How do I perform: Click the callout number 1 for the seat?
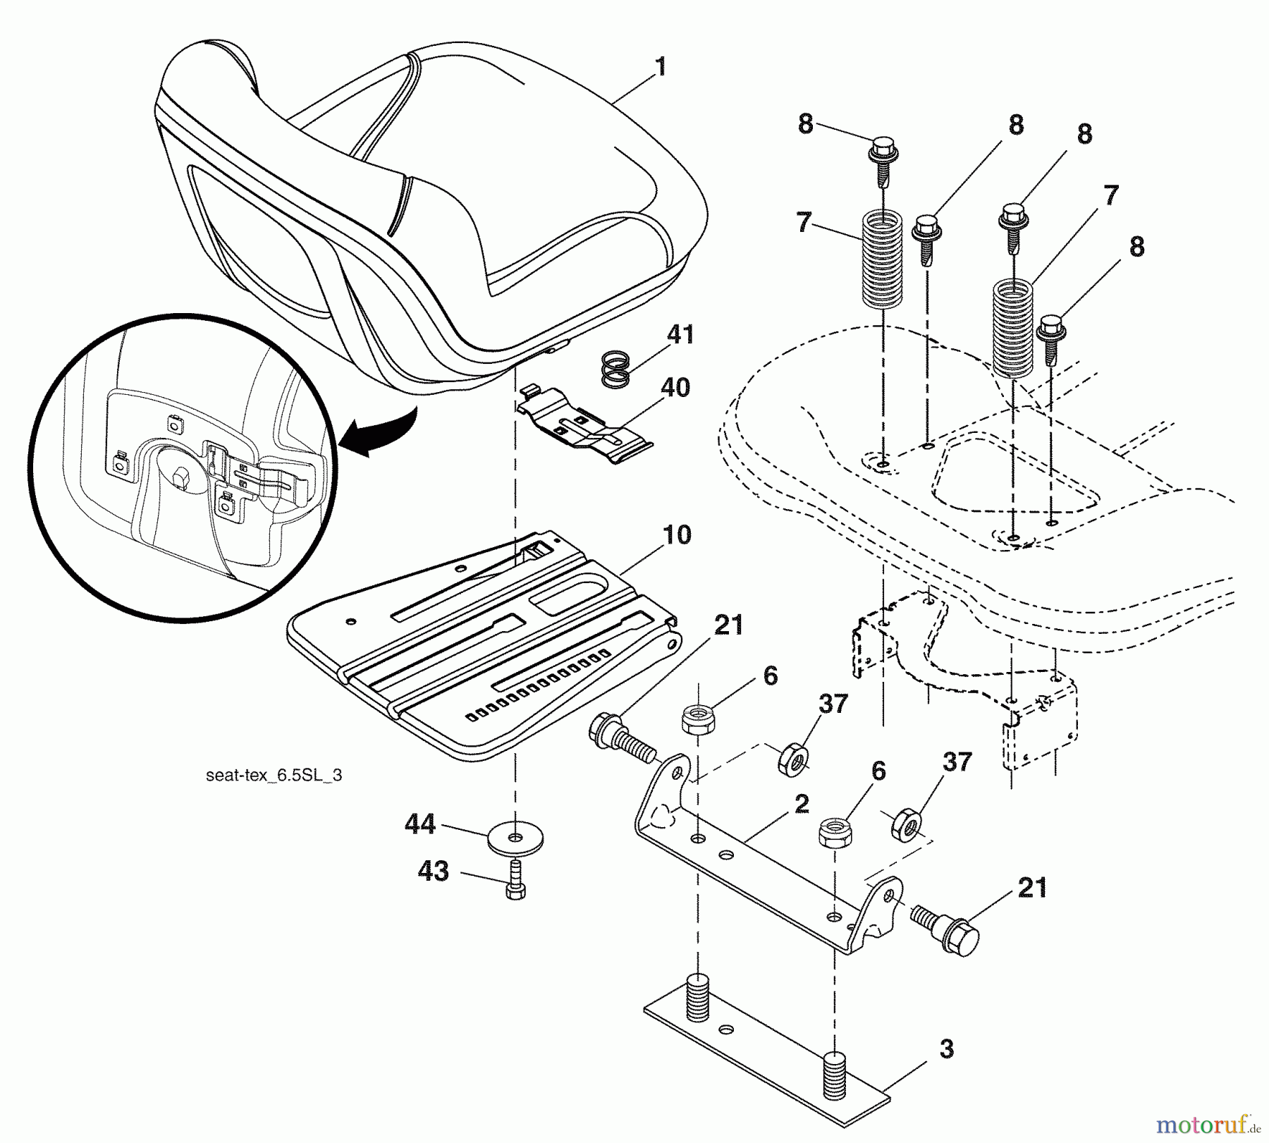pyautogui.click(x=659, y=68)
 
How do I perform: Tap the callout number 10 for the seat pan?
pyautogui.click(x=677, y=535)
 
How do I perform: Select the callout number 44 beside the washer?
pyautogui.click(x=420, y=824)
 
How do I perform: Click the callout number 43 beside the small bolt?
pyautogui.click(x=433, y=871)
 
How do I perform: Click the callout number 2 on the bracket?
pyautogui.click(x=801, y=805)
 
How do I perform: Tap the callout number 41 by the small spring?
pyautogui.click(x=680, y=334)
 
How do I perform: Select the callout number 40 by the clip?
pyautogui.click(x=675, y=387)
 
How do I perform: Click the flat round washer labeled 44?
pyautogui.click(x=515, y=838)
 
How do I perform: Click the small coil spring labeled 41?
pyautogui.click(x=615, y=369)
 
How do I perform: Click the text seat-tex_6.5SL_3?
pyautogui.click(x=274, y=776)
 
